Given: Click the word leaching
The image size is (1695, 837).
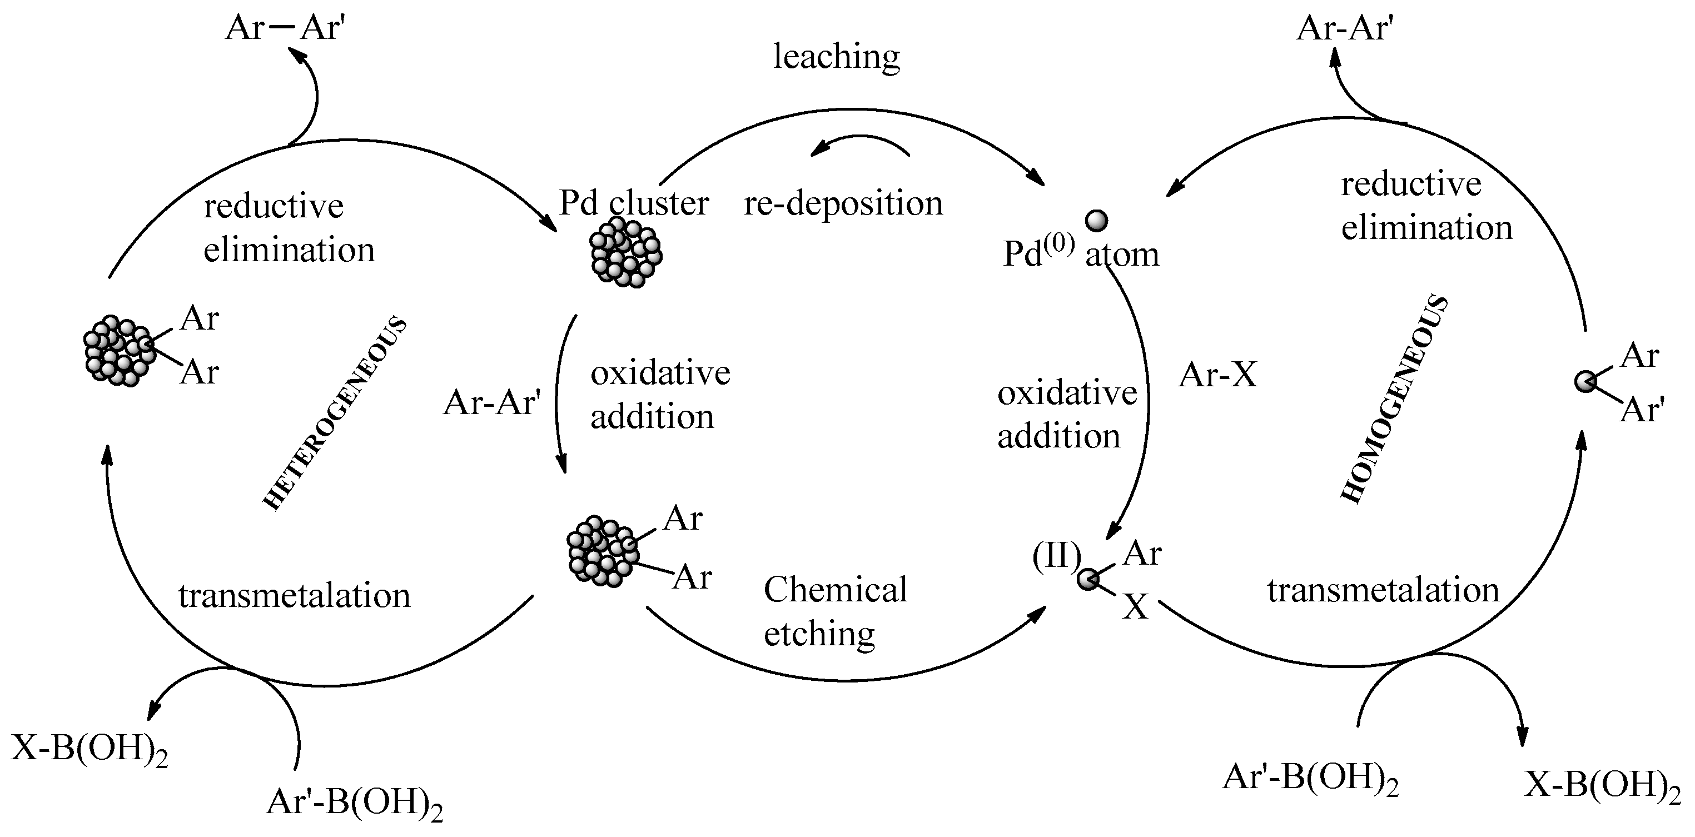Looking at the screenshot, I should coord(836,57).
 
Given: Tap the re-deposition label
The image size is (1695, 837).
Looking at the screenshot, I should coord(843,203).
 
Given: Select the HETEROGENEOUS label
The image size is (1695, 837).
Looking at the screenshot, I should coord(334,413).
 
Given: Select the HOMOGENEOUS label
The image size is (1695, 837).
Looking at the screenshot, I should coord(1394,400).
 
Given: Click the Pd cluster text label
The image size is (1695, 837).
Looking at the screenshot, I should coord(634,203).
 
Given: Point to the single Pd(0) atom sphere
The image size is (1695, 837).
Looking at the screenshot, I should coord(1096,221).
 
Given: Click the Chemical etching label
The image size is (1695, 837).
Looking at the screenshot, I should coord(834,611).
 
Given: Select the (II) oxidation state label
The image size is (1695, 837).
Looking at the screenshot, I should coord(1056,556).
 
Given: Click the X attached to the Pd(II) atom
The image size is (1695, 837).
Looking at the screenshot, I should coord(1135,607).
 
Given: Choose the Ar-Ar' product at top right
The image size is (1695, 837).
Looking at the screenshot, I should coord(1345,29).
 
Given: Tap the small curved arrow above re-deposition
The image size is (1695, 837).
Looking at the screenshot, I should coord(859,144).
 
